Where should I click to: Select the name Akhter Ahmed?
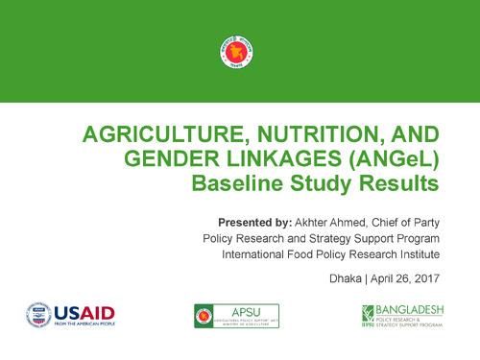coord(331,221)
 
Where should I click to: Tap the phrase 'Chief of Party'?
coord(407,221)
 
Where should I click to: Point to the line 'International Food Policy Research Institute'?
coord(330,254)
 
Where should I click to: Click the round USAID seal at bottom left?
coord(39,314)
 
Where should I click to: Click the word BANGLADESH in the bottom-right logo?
coord(416,309)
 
